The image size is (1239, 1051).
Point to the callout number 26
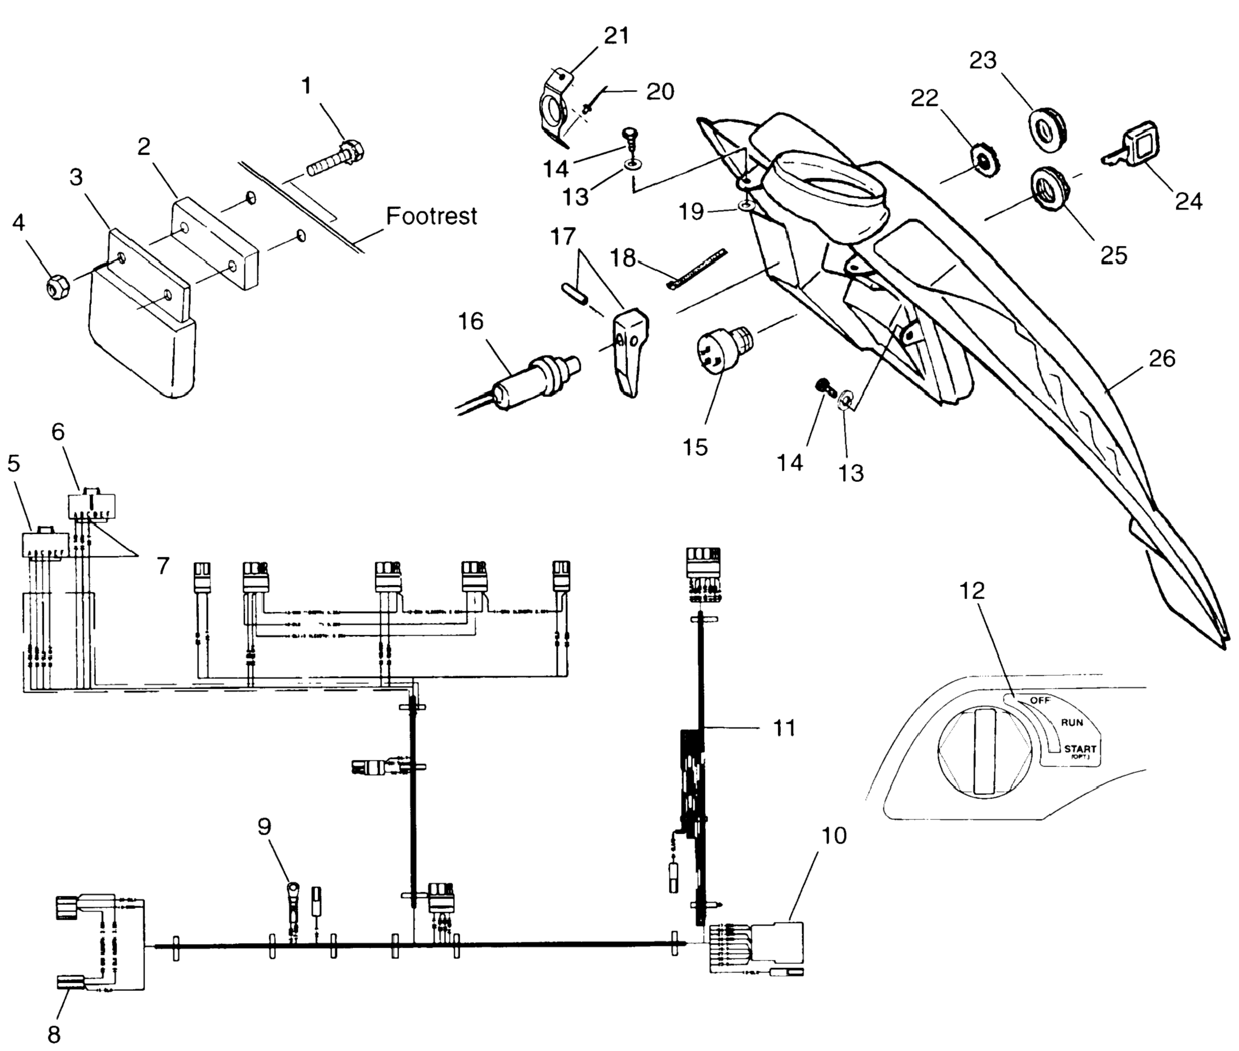(x=1162, y=358)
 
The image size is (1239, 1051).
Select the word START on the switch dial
(x=1080, y=749)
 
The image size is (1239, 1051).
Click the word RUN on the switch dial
(x=1072, y=723)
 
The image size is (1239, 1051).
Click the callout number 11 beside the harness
(x=784, y=728)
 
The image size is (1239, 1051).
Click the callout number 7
(x=163, y=565)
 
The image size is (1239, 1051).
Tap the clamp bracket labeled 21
(x=552, y=109)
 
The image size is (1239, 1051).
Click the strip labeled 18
(x=696, y=269)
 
